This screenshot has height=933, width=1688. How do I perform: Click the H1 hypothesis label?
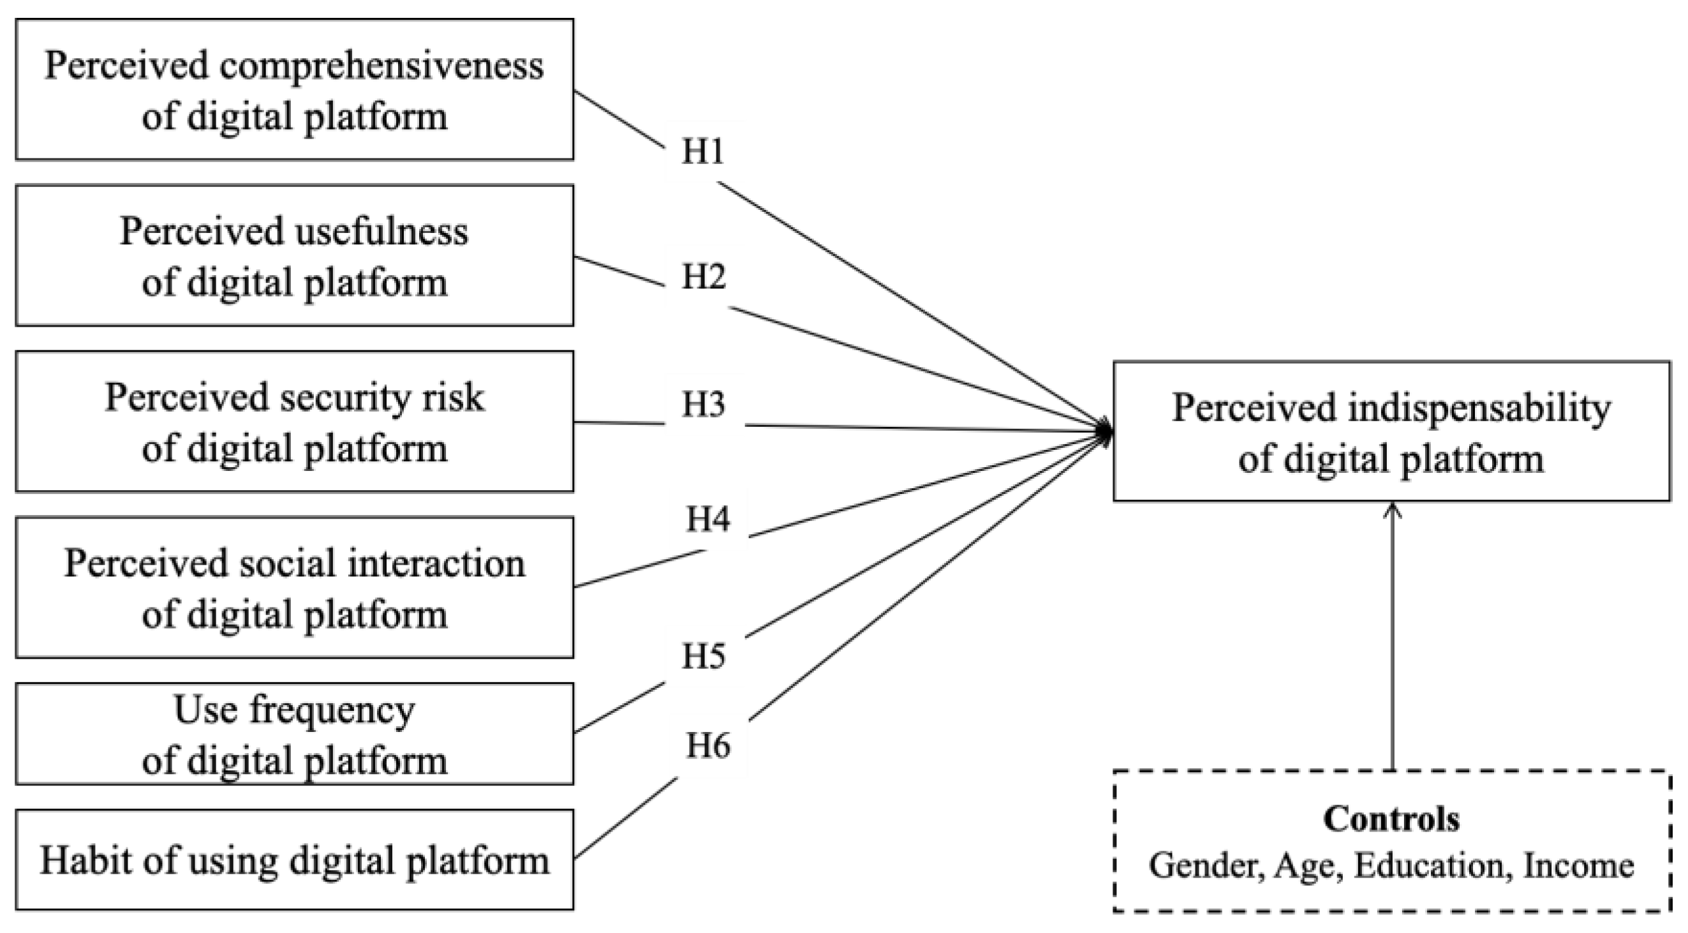pos(702,151)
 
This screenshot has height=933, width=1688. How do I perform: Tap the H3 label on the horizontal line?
pos(703,404)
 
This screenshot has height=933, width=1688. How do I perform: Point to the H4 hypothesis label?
pos(707,519)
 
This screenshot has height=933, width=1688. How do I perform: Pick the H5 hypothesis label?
pos(703,655)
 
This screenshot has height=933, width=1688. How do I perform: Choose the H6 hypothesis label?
pos(707,746)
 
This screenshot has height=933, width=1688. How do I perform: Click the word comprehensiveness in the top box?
pos(381,67)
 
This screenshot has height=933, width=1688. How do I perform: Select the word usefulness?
pos(367,232)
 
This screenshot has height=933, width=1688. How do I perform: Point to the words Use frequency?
pos(294,711)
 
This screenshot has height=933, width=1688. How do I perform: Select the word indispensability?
pos(1478,408)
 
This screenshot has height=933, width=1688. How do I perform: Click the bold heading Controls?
pos(1391,819)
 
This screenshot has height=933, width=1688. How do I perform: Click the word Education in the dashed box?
pos(1428,865)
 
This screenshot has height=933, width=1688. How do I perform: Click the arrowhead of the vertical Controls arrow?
pos(1392,508)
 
